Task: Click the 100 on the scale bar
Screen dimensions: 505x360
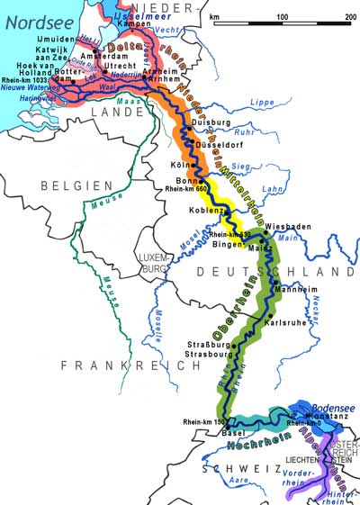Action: pyautogui.click(x=283, y=17)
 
